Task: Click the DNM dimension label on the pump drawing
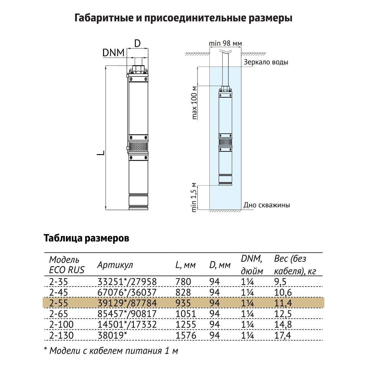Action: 113,53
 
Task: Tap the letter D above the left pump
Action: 137,43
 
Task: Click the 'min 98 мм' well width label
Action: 225,43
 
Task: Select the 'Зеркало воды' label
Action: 266,62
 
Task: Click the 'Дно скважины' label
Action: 266,205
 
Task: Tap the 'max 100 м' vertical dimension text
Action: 194,102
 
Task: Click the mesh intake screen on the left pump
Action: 138,147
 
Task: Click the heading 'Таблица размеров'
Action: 86,238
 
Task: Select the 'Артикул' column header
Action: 115,265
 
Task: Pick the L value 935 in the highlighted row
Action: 183,303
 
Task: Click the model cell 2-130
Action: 61,335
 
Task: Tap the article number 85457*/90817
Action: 127,314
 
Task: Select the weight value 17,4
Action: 283,335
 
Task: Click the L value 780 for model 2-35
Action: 183,282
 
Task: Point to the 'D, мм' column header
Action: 220,265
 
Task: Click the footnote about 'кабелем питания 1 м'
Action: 111,351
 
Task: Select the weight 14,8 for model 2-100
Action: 283,325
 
